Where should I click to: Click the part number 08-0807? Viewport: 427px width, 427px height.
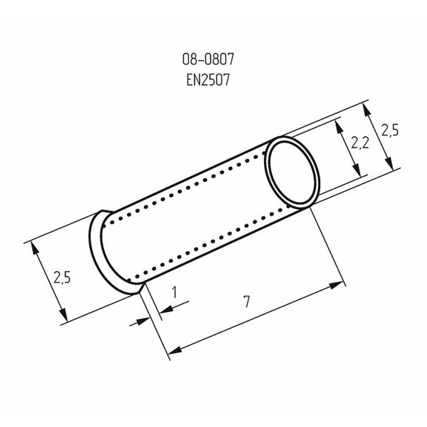point(208,59)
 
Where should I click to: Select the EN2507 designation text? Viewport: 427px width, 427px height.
point(208,80)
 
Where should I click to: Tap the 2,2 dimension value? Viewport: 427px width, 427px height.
point(360,143)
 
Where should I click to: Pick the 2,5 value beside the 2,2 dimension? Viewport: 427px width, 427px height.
point(390,130)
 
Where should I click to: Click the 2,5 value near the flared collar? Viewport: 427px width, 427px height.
point(62,278)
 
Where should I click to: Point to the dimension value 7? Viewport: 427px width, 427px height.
point(247,302)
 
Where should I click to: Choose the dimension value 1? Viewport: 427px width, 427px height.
point(175,292)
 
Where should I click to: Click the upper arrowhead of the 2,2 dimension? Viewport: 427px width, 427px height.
point(339,127)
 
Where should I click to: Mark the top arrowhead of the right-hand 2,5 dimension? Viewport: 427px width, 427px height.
point(367,111)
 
